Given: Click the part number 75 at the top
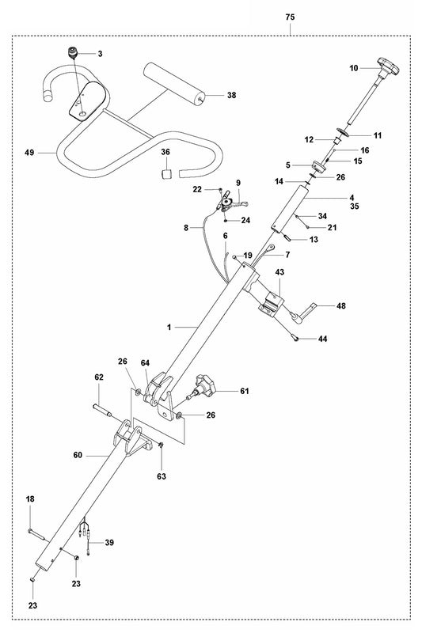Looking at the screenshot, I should coord(291,15).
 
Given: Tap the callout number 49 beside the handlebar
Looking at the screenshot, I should coord(29,151).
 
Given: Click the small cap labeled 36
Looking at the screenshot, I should coord(167,172).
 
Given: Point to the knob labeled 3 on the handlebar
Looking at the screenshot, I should coord(74,54).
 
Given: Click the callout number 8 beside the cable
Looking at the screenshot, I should coord(186,227).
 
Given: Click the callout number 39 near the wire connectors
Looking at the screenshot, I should coord(109,542).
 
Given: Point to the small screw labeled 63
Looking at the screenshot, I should coord(161,447).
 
